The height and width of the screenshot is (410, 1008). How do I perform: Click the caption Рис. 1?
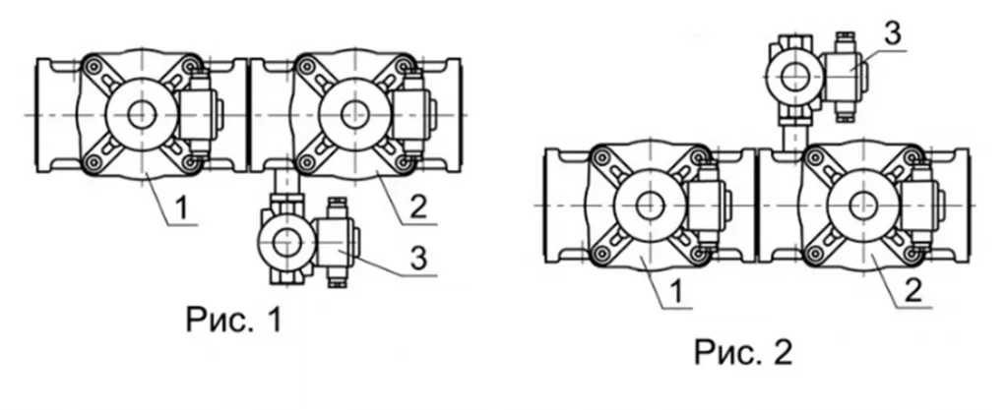(234, 319)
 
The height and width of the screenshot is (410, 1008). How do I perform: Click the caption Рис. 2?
(744, 352)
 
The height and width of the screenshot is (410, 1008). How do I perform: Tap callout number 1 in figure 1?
(182, 208)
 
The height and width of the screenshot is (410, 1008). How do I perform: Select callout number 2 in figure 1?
(417, 208)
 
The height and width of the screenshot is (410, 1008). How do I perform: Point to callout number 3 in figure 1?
(417, 260)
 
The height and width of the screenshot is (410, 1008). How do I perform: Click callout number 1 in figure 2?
(676, 292)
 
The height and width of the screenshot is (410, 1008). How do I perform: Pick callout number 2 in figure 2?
(913, 292)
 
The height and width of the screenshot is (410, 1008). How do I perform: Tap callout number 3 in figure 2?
(893, 33)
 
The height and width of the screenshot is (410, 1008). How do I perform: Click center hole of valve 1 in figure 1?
(141, 115)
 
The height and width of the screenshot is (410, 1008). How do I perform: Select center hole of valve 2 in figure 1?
(353, 115)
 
